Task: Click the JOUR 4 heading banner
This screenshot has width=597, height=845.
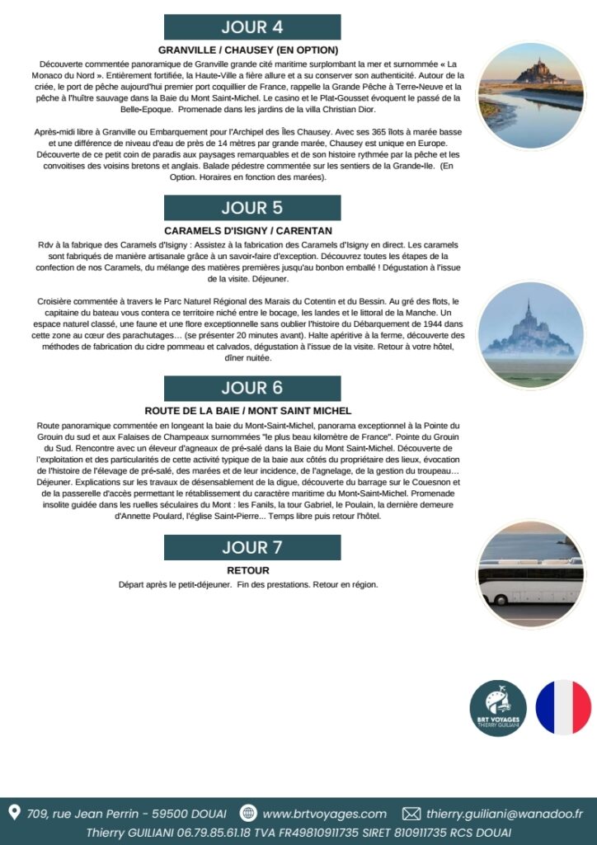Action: pyautogui.click(x=251, y=27)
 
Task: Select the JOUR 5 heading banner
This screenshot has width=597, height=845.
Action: pyautogui.click(x=251, y=208)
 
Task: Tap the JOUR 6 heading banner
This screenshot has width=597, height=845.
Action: pyautogui.click(x=251, y=388)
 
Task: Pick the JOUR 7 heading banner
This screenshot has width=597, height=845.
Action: pyautogui.click(x=251, y=547)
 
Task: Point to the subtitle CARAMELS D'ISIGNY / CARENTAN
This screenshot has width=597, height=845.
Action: pyautogui.click(x=248, y=230)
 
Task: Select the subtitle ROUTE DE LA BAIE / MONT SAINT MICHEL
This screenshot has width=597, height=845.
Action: pyautogui.click(x=248, y=410)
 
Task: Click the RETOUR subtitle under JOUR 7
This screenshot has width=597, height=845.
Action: pyautogui.click(x=248, y=569)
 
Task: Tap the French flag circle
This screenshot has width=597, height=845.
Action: pyautogui.click(x=563, y=708)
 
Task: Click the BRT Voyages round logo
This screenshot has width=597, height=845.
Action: pyautogui.click(x=498, y=708)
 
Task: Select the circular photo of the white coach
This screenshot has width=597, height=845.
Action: pyautogui.click(x=530, y=574)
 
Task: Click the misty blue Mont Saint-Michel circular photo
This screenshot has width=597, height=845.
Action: pyautogui.click(x=530, y=335)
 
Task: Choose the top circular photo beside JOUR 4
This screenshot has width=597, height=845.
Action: pyautogui.click(x=530, y=96)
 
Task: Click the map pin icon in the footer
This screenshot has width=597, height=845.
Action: pyautogui.click(x=14, y=813)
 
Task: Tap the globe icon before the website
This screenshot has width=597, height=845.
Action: pyautogui.click(x=247, y=814)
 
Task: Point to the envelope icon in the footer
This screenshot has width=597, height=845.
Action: pyautogui.click(x=411, y=814)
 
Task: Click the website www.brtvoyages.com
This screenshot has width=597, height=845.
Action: pyautogui.click(x=324, y=814)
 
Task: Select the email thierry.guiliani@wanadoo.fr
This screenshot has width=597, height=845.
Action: pyautogui.click(x=504, y=814)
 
